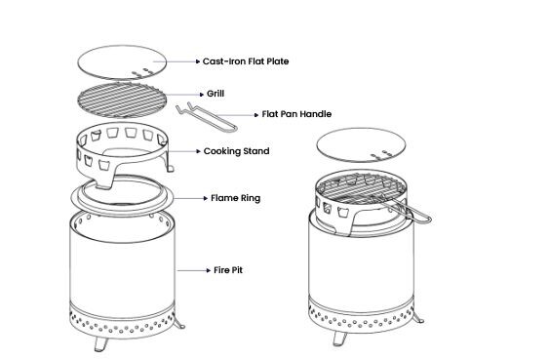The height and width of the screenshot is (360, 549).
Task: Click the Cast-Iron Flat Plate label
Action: (246, 61)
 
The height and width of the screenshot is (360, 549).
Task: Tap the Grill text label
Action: (216, 94)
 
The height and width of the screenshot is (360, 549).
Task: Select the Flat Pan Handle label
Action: (296, 114)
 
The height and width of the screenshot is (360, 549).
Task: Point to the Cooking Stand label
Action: (236, 151)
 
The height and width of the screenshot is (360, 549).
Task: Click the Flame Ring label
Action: (236, 198)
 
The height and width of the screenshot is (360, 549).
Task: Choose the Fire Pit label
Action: (228, 270)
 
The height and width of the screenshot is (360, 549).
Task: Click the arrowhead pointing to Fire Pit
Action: (209, 270)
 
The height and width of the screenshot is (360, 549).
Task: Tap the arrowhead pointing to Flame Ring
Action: (206, 199)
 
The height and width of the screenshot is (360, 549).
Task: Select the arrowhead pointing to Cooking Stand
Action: (199, 151)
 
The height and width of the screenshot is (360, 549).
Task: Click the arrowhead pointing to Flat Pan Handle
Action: (256, 115)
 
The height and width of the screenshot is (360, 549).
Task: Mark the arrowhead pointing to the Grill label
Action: (202, 95)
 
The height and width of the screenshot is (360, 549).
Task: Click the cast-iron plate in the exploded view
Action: (122, 62)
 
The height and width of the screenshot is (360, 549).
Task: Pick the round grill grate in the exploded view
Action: (121, 100)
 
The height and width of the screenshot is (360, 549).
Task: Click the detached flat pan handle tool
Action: (207, 117)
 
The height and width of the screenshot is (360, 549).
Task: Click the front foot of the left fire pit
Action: (100, 343)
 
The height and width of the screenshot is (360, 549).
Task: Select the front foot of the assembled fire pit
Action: (339, 339)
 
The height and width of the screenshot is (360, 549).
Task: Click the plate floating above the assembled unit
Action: (361, 144)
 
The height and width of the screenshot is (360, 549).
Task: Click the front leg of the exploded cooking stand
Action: (104, 179)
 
